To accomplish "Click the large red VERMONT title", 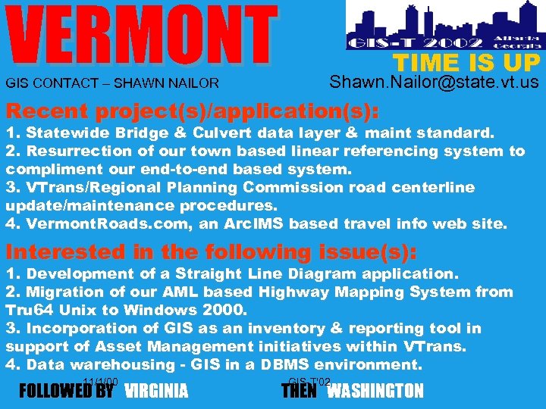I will click(142, 36).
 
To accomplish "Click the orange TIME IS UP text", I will click(466, 63).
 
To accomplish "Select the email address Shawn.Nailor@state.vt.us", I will click(435, 82).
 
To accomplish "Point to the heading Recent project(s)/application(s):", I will click(192, 111).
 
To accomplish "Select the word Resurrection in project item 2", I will click(74, 151).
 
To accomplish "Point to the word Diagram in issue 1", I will click(306, 274).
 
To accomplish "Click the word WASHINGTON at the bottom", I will click(375, 392).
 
